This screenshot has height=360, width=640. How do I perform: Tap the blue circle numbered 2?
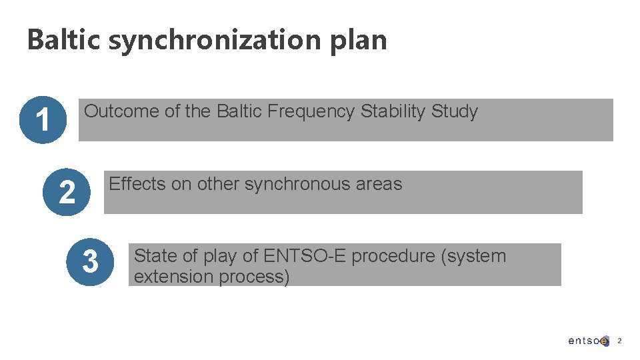tap(67, 192)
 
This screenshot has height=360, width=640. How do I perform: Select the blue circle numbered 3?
tap(90, 261)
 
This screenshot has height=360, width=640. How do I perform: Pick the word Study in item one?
tap(455, 111)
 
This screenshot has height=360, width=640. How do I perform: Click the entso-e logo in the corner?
tap(588, 341)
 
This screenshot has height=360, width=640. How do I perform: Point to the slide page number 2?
tap(619, 341)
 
